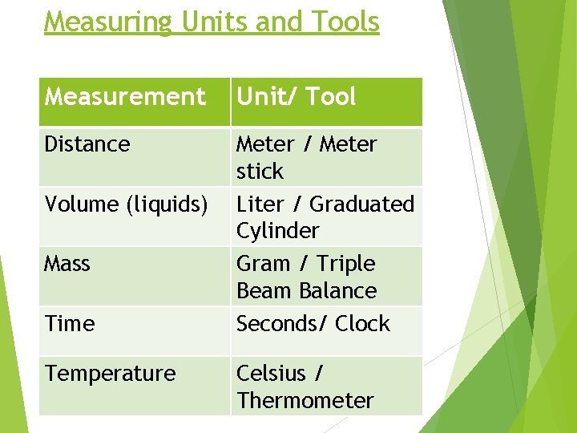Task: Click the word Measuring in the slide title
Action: pos(108,22)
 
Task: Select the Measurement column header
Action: pos(125,97)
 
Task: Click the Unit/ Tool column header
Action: pos(296,97)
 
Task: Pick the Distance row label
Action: pos(87,144)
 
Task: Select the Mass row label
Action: pos(67,264)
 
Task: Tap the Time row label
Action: pos(70,324)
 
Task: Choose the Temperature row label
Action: pos(111,374)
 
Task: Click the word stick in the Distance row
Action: pos(260,172)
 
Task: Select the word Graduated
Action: pos(362,204)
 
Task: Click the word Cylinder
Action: pos(277,231)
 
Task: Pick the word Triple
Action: pos(346,264)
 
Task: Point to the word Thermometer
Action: pos(305,401)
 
